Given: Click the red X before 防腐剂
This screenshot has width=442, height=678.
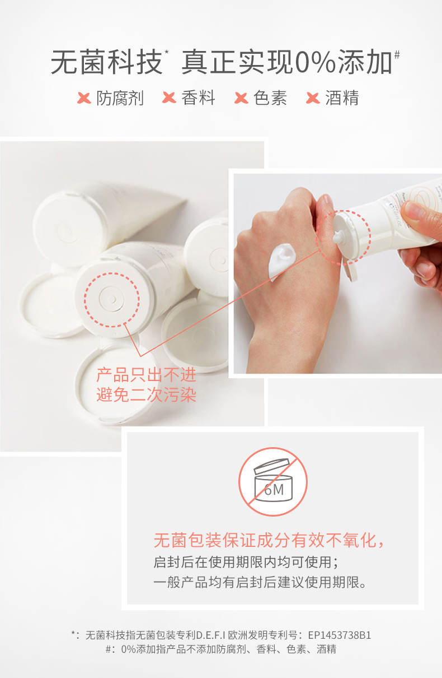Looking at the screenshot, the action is coord(84,98).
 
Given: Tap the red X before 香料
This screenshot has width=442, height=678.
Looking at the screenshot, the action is coord(169,98).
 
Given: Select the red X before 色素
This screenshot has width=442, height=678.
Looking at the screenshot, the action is coord(241,98).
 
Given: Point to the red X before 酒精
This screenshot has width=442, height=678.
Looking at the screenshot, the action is coord(313,98).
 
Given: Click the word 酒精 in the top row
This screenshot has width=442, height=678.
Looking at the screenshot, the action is coord(342,97).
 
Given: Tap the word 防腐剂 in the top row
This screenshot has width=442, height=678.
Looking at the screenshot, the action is coord(120,97).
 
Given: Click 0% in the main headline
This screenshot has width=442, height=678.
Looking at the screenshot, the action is coord(316,62).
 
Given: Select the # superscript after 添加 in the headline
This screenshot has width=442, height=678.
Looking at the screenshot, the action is coord(397,55).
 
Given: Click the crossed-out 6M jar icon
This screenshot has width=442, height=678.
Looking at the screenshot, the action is coord(272,482).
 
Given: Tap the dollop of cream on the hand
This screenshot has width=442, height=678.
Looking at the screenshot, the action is coord(281,261).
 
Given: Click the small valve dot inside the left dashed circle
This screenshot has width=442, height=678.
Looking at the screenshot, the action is coord(111,299).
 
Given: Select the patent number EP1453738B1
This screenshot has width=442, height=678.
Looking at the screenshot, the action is coord(340,635).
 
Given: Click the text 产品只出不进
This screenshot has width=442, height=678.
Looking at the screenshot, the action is coord(146,375).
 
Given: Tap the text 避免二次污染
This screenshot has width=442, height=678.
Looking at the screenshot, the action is coord(146,394).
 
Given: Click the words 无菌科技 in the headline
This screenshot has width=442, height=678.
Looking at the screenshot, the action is coord(106,62).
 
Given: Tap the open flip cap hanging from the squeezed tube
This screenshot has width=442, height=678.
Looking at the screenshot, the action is coord(350,270).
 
